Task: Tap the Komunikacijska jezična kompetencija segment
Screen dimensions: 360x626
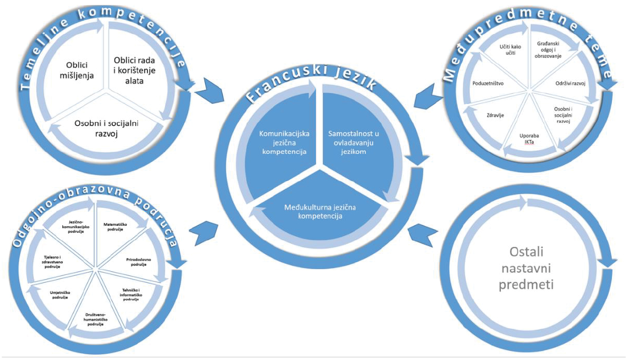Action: [x=279, y=143]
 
